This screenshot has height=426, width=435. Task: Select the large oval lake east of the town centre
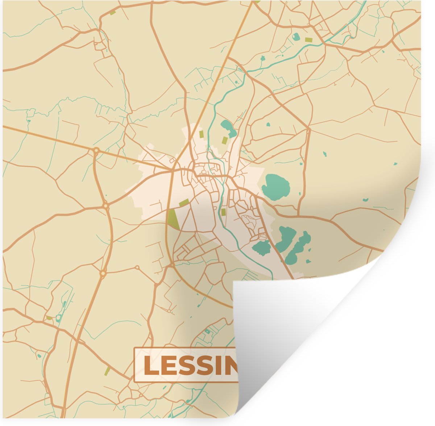pos(275,186)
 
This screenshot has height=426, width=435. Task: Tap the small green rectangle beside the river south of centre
pos(223,212)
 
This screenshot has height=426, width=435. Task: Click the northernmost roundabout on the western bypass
pos(96,149)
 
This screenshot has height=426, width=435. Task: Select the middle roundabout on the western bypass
pos(105,206)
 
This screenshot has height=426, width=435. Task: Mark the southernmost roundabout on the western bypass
pos(103,274)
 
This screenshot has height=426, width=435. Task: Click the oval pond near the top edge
pos(296,36)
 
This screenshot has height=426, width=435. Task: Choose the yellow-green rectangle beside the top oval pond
pos(308,40)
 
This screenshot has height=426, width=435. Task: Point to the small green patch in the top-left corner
pos(112,13)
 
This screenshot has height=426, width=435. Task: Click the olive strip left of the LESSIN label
pos(107,371)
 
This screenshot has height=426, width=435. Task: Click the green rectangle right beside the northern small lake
pos(224,140)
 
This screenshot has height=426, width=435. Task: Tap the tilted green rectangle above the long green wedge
pos(184,202)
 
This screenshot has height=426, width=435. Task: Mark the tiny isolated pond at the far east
pos(365,199)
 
